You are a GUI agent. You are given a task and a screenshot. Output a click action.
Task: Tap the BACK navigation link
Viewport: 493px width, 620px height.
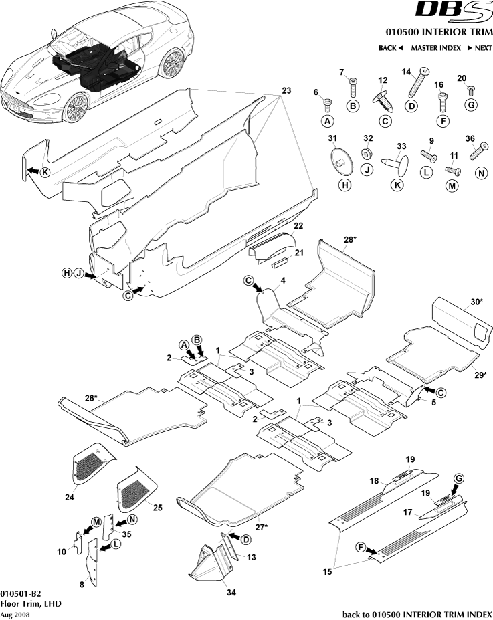point(391,48)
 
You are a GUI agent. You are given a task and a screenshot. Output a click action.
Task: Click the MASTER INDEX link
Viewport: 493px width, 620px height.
point(435,48)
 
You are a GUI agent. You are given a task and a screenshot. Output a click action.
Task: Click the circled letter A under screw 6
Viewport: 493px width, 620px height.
point(328,121)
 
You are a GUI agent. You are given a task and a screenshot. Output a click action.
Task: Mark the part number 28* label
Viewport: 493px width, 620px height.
point(349,239)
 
